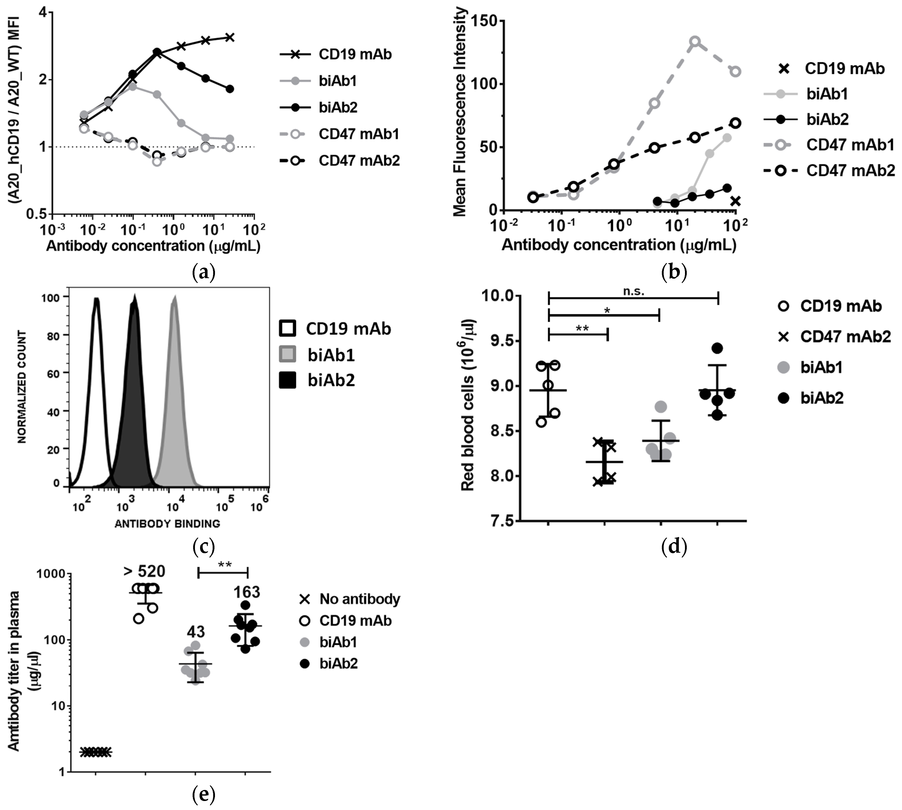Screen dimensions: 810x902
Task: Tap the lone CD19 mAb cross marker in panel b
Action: pos(736,201)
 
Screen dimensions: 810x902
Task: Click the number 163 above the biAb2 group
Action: pos(247,592)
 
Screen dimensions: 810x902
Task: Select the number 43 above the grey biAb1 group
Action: pos(196,632)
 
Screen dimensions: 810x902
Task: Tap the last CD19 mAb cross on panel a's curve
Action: pos(230,37)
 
